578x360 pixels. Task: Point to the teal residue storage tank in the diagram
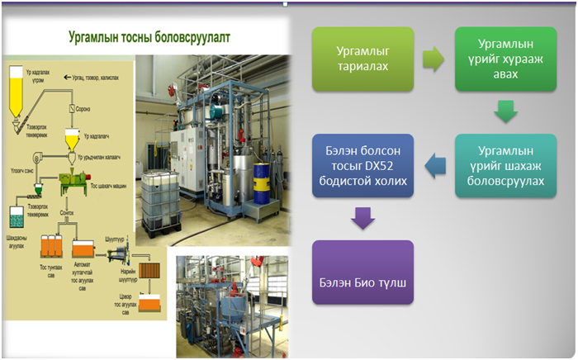point(16,216)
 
